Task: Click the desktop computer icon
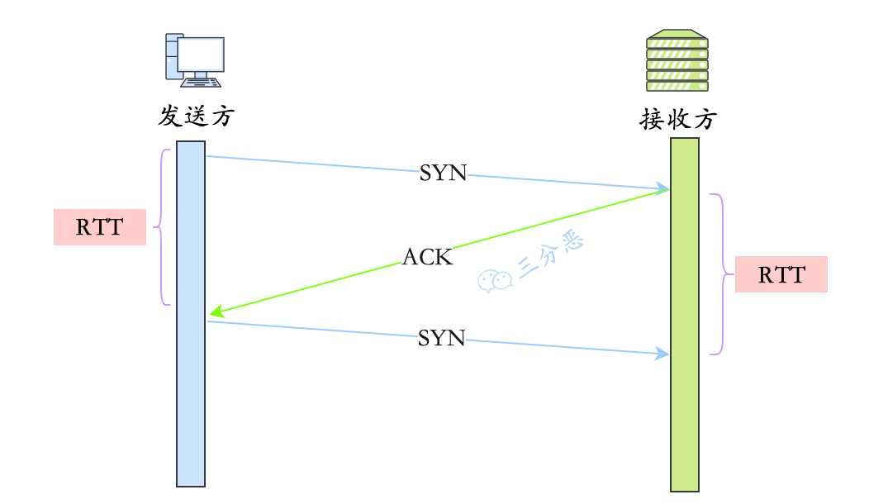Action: pyautogui.click(x=194, y=60)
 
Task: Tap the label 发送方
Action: pyautogui.click(x=196, y=116)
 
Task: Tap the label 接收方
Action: pyautogui.click(x=677, y=120)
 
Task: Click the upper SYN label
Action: pyautogui.click(x=443, y=174)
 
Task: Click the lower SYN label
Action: pyautogui.click(x=441, y=337)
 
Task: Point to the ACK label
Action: pyautogui.click(x=427, y=257)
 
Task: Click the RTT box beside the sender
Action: pyautogui.click(x=100, y=227)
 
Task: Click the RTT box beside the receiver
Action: pyautogui.click(x=781, y=274)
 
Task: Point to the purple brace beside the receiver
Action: pyautogui.click(x=720, y=274)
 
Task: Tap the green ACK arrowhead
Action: pyautogui.click(x=216, y=312)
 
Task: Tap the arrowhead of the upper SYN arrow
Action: pyautogui.click(x=662, y=188)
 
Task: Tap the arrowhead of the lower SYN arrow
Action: pyautogui.click(x=662, y=354)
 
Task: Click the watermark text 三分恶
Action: pyautogui.click(x=550, y=256)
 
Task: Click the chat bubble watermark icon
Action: pyautogui.click(x=495, y=281)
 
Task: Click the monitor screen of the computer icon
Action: pyautogui.click(x=201, y=54)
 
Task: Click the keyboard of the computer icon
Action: pyautogui.click(x=201, y=82)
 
